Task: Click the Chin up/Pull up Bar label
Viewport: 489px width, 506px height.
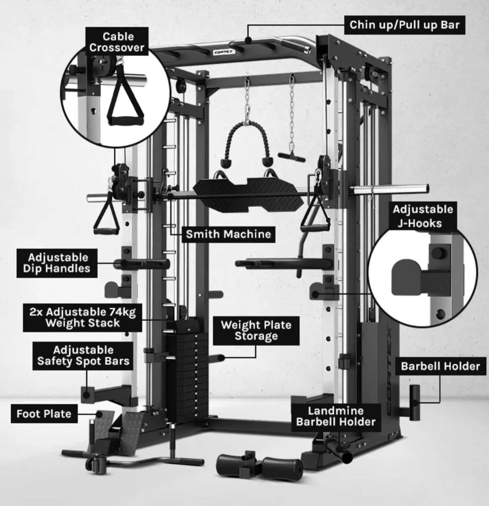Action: tap(404, 25)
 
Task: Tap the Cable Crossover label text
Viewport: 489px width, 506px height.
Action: tap(117, 42)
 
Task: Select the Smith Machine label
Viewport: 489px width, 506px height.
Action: tap(228, 234)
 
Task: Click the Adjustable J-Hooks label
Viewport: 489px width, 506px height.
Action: tap(417, 216)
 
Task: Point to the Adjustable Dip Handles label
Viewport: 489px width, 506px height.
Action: tap(59, 263)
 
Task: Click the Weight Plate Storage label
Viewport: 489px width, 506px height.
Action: tap(256, 330)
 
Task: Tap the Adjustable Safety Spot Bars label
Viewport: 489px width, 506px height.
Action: tap(83, 355)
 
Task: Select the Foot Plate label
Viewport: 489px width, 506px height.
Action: tap(44, 414)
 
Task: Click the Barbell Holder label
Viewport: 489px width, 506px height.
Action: tap(440, 366)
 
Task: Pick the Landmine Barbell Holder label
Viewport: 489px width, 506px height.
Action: tap(335, 416)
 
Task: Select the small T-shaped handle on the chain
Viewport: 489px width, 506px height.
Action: tap(291, 156)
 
